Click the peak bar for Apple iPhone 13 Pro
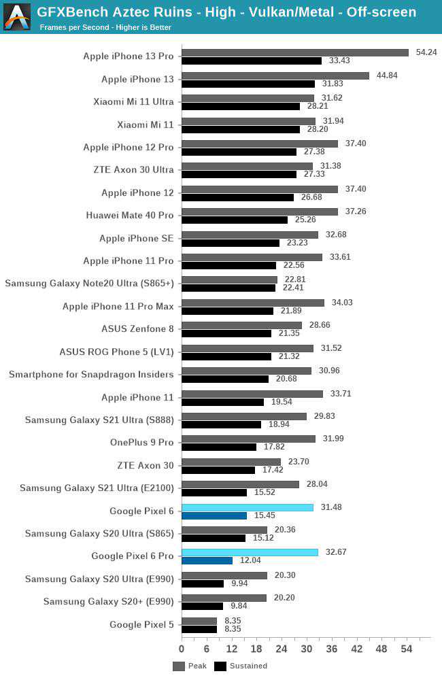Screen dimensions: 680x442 [x=295, y=52]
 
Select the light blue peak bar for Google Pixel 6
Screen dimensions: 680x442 [x=248, y=507]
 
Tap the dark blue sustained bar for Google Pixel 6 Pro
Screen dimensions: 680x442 [x=207, y=560]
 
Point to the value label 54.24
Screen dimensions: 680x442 [x=426, y=52]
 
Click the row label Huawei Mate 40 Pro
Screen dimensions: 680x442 [x=130, y=216]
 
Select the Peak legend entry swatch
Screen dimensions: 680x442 [x=179, y=666]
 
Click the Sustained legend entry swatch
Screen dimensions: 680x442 [x=220, y=666]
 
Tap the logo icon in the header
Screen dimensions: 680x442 [x=17, y=17]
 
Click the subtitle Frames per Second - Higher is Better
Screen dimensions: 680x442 [x=105, y=27]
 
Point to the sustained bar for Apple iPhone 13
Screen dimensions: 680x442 [x=248, y=84]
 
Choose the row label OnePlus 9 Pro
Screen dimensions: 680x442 [x=142, y=443]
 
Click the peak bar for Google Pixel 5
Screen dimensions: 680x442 [x=199, y=621]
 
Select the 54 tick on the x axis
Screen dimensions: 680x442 [x=407, y=649]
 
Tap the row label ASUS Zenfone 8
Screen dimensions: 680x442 [x=138, y=329]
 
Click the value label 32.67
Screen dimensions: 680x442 [x=336, y=552]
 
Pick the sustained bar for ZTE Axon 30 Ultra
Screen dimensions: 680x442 [x=239, y=175]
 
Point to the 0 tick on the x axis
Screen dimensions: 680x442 [x=182, y=649]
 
